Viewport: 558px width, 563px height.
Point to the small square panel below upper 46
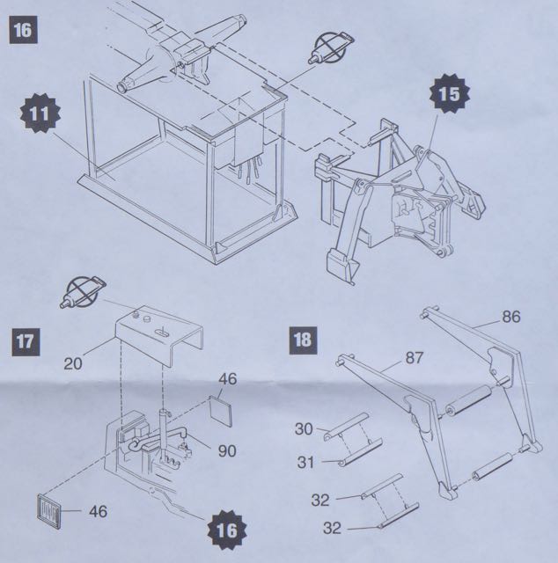(223, 408)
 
